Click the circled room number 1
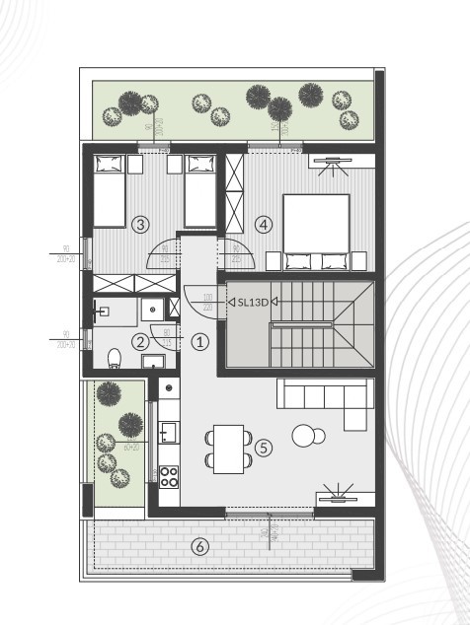200,342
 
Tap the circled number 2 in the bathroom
141,342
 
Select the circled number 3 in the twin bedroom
141,225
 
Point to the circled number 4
263,225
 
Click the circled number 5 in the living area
263,448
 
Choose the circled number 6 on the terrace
200,546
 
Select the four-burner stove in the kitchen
169,477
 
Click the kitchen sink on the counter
169,432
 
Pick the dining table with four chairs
228,447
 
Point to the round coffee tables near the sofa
309,435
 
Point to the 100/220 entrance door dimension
207,301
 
